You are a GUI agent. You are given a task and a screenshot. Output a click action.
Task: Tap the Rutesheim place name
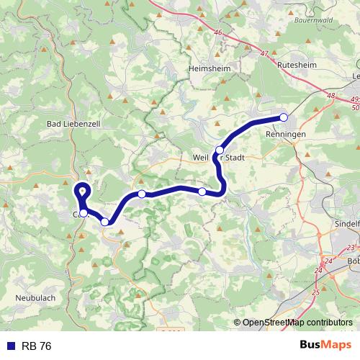tap(297, 63)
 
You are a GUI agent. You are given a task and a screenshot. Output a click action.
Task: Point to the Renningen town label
tap(287, 135)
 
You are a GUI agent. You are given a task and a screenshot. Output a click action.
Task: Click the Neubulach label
tap(35, 297)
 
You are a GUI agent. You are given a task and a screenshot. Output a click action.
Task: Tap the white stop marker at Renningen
tap(284, 117)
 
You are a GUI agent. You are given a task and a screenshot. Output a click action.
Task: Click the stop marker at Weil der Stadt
tap(220, 150)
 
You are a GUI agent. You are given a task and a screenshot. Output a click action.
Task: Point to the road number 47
tap(264, 54)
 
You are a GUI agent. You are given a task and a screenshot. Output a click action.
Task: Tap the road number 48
tap(330, 95)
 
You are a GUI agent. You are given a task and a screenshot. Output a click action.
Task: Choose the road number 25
tap(315, 292)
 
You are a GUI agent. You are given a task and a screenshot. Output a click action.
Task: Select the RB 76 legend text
tap(36, 346)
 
